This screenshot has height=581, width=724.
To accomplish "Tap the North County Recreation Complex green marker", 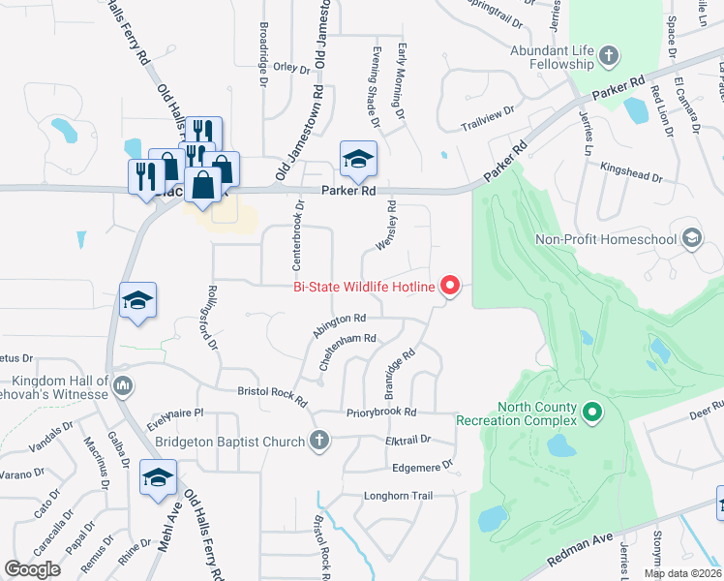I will coord(593,413).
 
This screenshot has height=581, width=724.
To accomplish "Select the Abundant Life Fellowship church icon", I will coord(609,54).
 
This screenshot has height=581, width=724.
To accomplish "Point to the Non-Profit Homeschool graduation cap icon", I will coord(691,238).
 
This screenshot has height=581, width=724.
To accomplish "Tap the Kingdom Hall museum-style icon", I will coord(122,387).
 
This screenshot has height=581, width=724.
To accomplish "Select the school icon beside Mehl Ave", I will coord(159,478).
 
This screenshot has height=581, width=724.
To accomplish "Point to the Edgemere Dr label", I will coord(423,467).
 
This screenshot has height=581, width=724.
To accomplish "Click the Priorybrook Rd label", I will coord(381,413).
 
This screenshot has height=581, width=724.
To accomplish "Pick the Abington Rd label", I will coord(339,323).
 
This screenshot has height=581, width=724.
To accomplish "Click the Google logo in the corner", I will coord(33,568).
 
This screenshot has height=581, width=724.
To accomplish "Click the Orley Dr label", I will coord(290,68).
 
